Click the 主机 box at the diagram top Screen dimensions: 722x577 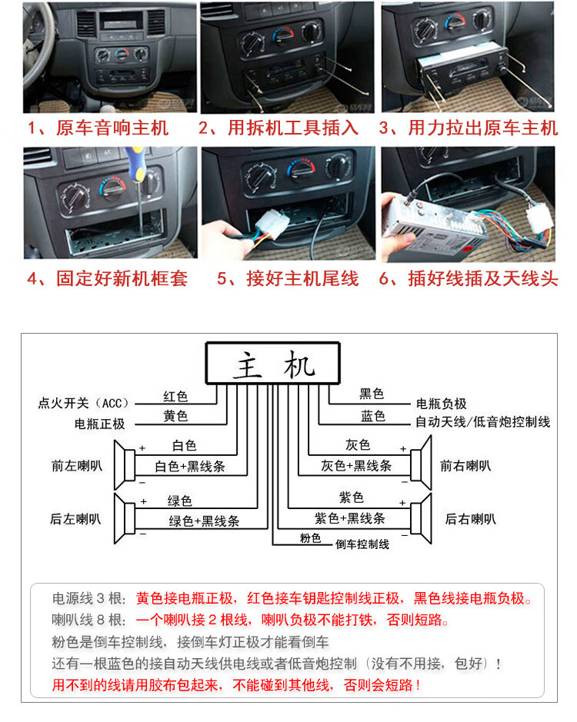pyautogui.click(x=273, y=363)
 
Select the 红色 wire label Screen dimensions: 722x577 pyautogui.click(x=175, y=397)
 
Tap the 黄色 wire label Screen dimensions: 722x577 pyautogui.click(x=175, y=416)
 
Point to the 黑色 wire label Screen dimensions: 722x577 pyautogui.click(x=372, y=394)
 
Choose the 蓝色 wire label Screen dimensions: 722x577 pyautogui.click(x=373, y=416)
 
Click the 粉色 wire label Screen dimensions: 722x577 pyautogui.click(x=310, y=538)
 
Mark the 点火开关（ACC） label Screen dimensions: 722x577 pyautogui.click(x=85, y=403)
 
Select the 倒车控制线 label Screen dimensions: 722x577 pyautogui.click(x=362, y=544)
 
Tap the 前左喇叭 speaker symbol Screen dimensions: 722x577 pyautogui.click(x=126, y=465)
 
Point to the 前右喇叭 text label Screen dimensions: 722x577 pyautogui.click(x=465, y=466)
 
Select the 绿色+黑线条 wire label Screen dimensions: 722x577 pyautogui.click(x=204, y=521)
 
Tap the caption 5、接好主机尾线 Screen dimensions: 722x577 pyautogui.click(x=288, y=278)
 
